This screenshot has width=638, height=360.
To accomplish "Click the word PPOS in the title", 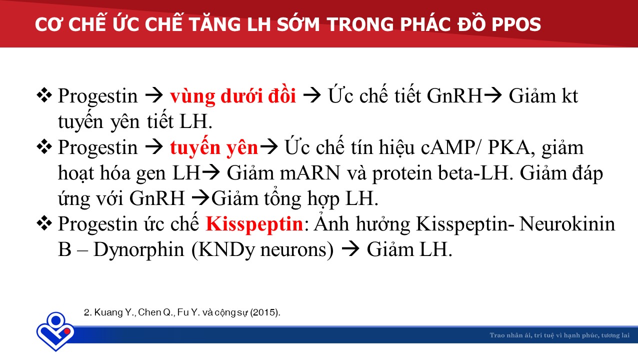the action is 516,24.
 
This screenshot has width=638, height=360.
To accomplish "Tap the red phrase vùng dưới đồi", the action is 233,95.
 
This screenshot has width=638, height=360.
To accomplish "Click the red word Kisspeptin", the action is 254,224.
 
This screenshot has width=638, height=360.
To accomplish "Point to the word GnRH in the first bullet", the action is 454,95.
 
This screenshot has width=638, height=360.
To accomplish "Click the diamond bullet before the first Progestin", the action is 44,95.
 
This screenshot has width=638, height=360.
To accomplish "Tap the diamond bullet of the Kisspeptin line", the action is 44,223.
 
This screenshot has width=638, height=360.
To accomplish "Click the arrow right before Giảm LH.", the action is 350,249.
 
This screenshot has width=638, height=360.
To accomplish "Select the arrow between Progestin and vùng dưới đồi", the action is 154,95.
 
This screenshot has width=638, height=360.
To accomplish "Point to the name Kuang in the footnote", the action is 108,312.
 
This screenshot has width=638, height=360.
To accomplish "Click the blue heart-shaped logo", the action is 55,331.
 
